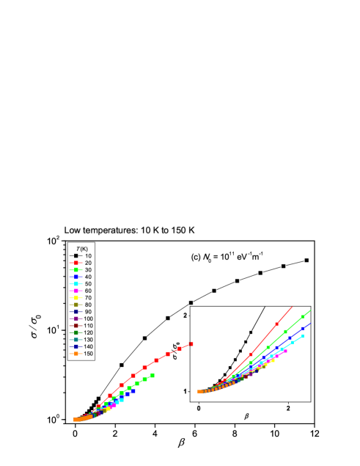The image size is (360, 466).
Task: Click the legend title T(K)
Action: coord(81,248)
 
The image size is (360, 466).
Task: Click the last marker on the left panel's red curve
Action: coord(191,343)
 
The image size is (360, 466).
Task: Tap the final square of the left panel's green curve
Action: coord(153,375)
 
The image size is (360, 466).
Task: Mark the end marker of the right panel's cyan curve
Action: coord(302,336)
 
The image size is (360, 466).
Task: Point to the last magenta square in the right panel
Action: coord(285,351)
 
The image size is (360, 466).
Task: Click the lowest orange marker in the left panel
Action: coord(76,420)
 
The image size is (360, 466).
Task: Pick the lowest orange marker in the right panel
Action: coord(199,392)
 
